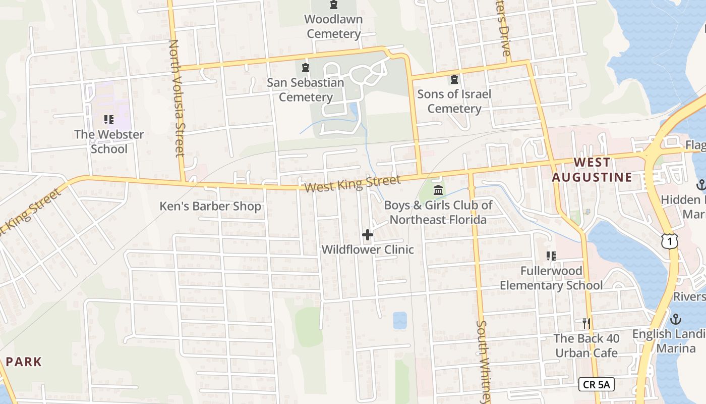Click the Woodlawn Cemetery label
pyautogui.click(x=334, y=27)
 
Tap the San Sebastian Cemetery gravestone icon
pyautogui.click(x=305, y=68)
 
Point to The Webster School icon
pyautogui.click(x=108, y=120)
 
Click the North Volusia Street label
pyautogui.click(x=177, y=98)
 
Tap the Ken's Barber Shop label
pyautogui.click(x=210, y=206)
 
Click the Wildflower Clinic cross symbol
pyautogui.click(x=368, y=235)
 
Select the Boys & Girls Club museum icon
pyautogui.click(x=438, y=190)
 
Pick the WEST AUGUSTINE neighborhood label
pyautogui.click(x=592, y=170)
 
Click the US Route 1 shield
pyautogui.click(x=669, y=242)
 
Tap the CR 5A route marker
pyautogui.click(x=596, y=384)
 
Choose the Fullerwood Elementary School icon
pyautogui.click(x=551, y=256)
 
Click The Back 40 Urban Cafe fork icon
pyautogui.click(x=586, y=323)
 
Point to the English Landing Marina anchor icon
pyautogui.click(x=675, y=319)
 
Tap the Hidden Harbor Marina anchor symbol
pyautogui.click(x=700, y=185)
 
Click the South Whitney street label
pyautogui.click(x=483, y=361)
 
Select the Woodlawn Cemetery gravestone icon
pyautogui.click(x=334, y=5)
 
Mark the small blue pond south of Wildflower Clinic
pyautogui.click(x=400, y=320)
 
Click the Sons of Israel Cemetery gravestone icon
pyautogui.click(x=454, y=79)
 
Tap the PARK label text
pyautogui.click(x=24, y=362)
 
